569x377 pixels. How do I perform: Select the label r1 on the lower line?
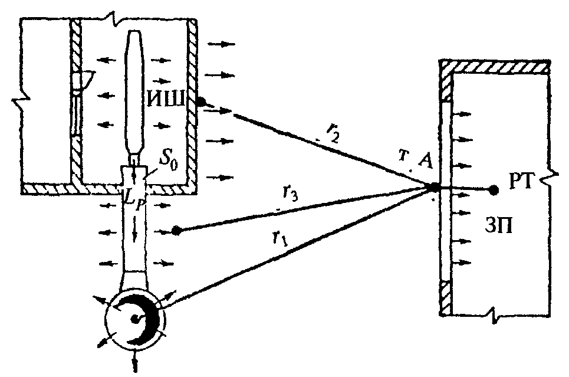[x=279, y=239]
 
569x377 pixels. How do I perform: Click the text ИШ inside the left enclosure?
[x=167, y=99]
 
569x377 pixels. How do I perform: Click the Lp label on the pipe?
[x=134, y=199]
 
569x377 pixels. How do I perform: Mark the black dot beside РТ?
[x=493, y=189]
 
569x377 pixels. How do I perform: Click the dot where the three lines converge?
[x=434, y=188]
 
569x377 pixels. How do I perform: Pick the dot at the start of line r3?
[x=176, y=230]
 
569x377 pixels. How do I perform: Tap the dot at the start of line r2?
[x=201, y=102]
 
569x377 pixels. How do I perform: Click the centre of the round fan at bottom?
[x=135, y=319]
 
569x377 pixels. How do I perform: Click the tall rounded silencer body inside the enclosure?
[x=136, y=93]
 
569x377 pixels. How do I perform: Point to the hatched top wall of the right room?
[x=494, y=67]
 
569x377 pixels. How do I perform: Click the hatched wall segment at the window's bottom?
[x=446, y=297]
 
